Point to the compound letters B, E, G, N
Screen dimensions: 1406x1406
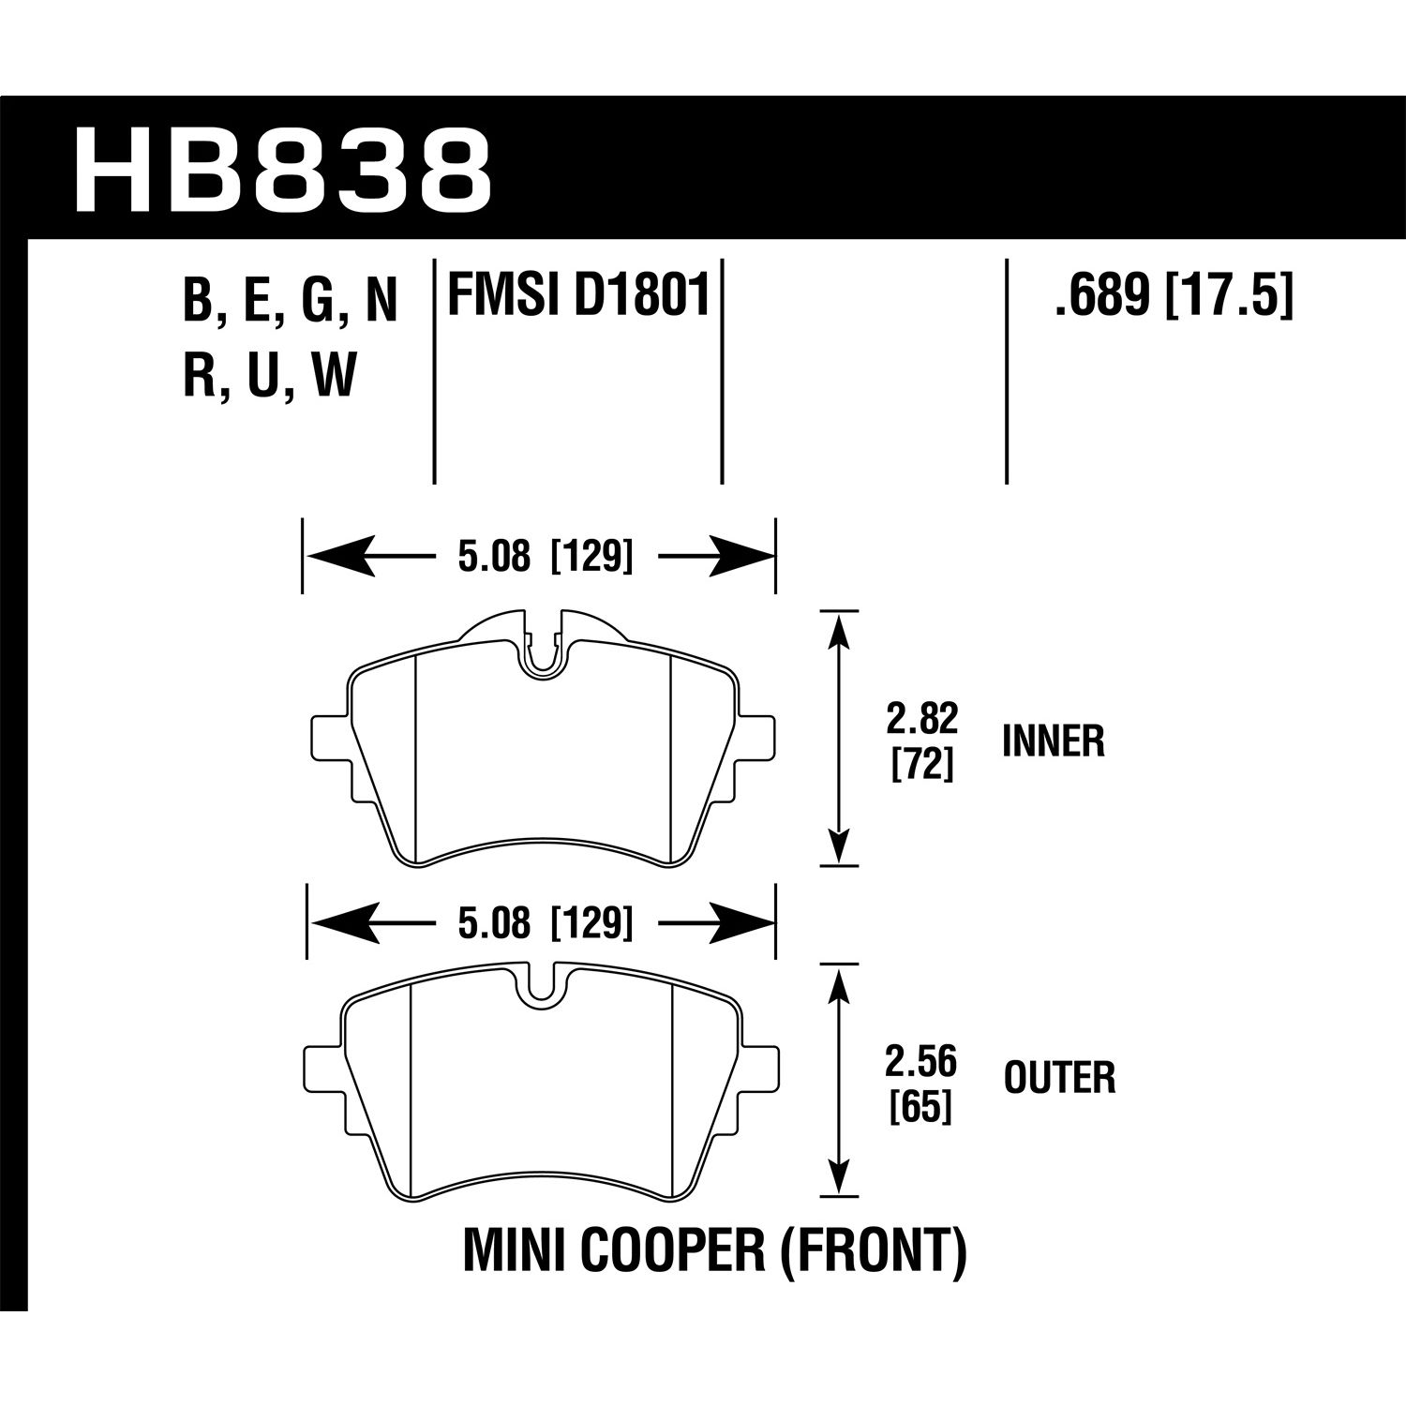(x=291, y=301)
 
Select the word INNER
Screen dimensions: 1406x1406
(x=1054, y=742)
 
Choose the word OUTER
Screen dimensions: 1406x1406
(x=1059, y=1079)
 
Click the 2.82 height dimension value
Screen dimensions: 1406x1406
(x=922, y=720)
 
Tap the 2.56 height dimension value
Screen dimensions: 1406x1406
(x=922, y=1064)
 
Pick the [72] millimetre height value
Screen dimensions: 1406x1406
(x=922, y=766)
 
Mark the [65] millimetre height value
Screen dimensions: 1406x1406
(x=922, y=1109)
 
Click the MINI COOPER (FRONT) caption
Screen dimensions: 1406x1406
(x=714, y=1255)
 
